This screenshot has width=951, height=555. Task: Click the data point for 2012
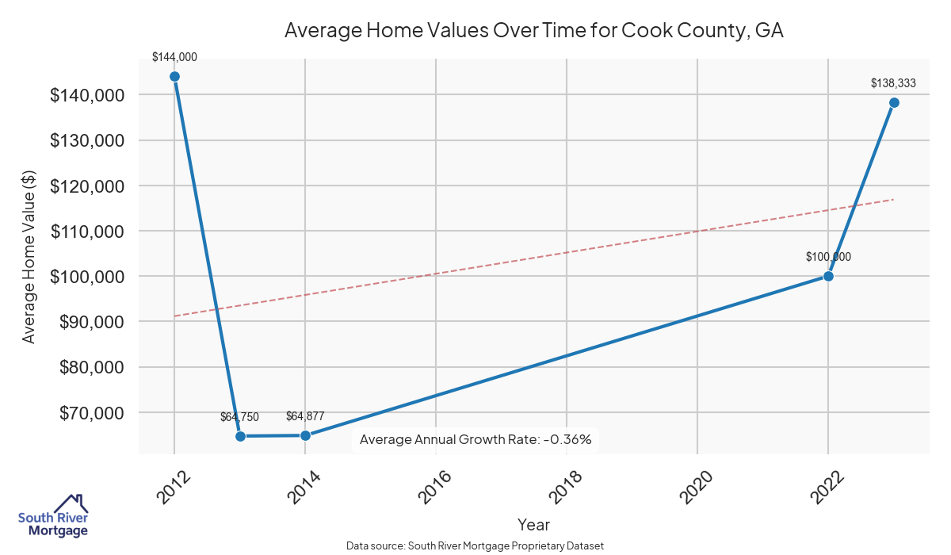click(174, 77)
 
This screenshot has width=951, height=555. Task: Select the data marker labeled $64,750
click(240, 436)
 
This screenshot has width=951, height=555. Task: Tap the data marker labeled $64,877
click(305, 435)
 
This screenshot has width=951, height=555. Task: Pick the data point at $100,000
click(828, 276)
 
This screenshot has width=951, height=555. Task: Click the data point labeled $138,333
click(894, 102)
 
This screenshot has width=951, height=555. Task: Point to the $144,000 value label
click(174, 57)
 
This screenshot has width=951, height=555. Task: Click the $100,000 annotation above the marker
click(828, 257)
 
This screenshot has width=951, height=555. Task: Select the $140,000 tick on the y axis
click(87, 95)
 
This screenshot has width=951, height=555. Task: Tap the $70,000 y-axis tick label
click(91, 413)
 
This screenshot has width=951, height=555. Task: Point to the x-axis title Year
click(533, 524)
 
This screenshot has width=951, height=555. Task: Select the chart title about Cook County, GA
click(533, 31)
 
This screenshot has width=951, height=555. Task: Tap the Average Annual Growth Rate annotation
click(475, 439)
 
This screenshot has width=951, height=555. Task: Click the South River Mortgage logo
click(53, 516)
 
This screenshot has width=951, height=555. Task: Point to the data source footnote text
click(475, 545)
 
